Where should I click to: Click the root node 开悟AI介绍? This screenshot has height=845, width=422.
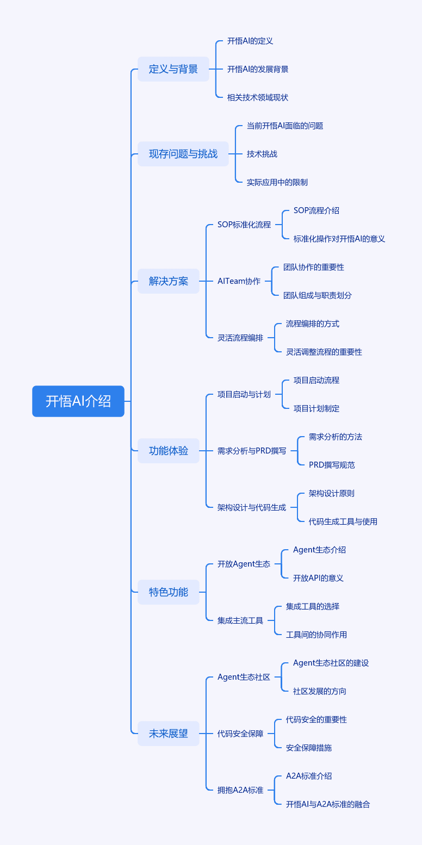(78, 401)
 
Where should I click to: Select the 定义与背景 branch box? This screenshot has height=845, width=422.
(173, 69)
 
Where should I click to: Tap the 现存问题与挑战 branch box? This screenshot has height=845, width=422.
(183, 154)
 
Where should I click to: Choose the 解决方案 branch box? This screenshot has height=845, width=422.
(168, 281)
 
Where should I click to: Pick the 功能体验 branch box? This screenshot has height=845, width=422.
(168, 451)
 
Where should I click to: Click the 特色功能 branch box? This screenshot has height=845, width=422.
(168, 592)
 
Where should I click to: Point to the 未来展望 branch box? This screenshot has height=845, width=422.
(168, 734)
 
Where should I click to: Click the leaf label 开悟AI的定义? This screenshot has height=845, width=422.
(250, 41)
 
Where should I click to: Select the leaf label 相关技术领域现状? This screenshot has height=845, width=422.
(258, 97)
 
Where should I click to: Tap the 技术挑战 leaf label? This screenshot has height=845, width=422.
(262, 154)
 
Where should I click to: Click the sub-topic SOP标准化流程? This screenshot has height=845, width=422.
(244, 225)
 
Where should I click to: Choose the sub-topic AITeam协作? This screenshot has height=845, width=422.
(239, 281)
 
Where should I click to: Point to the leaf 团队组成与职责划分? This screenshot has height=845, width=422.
(318, 295)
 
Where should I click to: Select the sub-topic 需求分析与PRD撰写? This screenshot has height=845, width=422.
(252, 451)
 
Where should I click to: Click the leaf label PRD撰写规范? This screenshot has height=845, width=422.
(332, 465)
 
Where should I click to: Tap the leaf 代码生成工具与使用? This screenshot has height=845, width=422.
(343, 521)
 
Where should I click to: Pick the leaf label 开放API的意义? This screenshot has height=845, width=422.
(318, 578)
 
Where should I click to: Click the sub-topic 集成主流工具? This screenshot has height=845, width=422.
(240, 620)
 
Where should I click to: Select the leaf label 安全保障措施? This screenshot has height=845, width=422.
(309, 748)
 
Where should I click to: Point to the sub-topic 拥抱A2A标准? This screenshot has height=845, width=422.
(240, 790)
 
